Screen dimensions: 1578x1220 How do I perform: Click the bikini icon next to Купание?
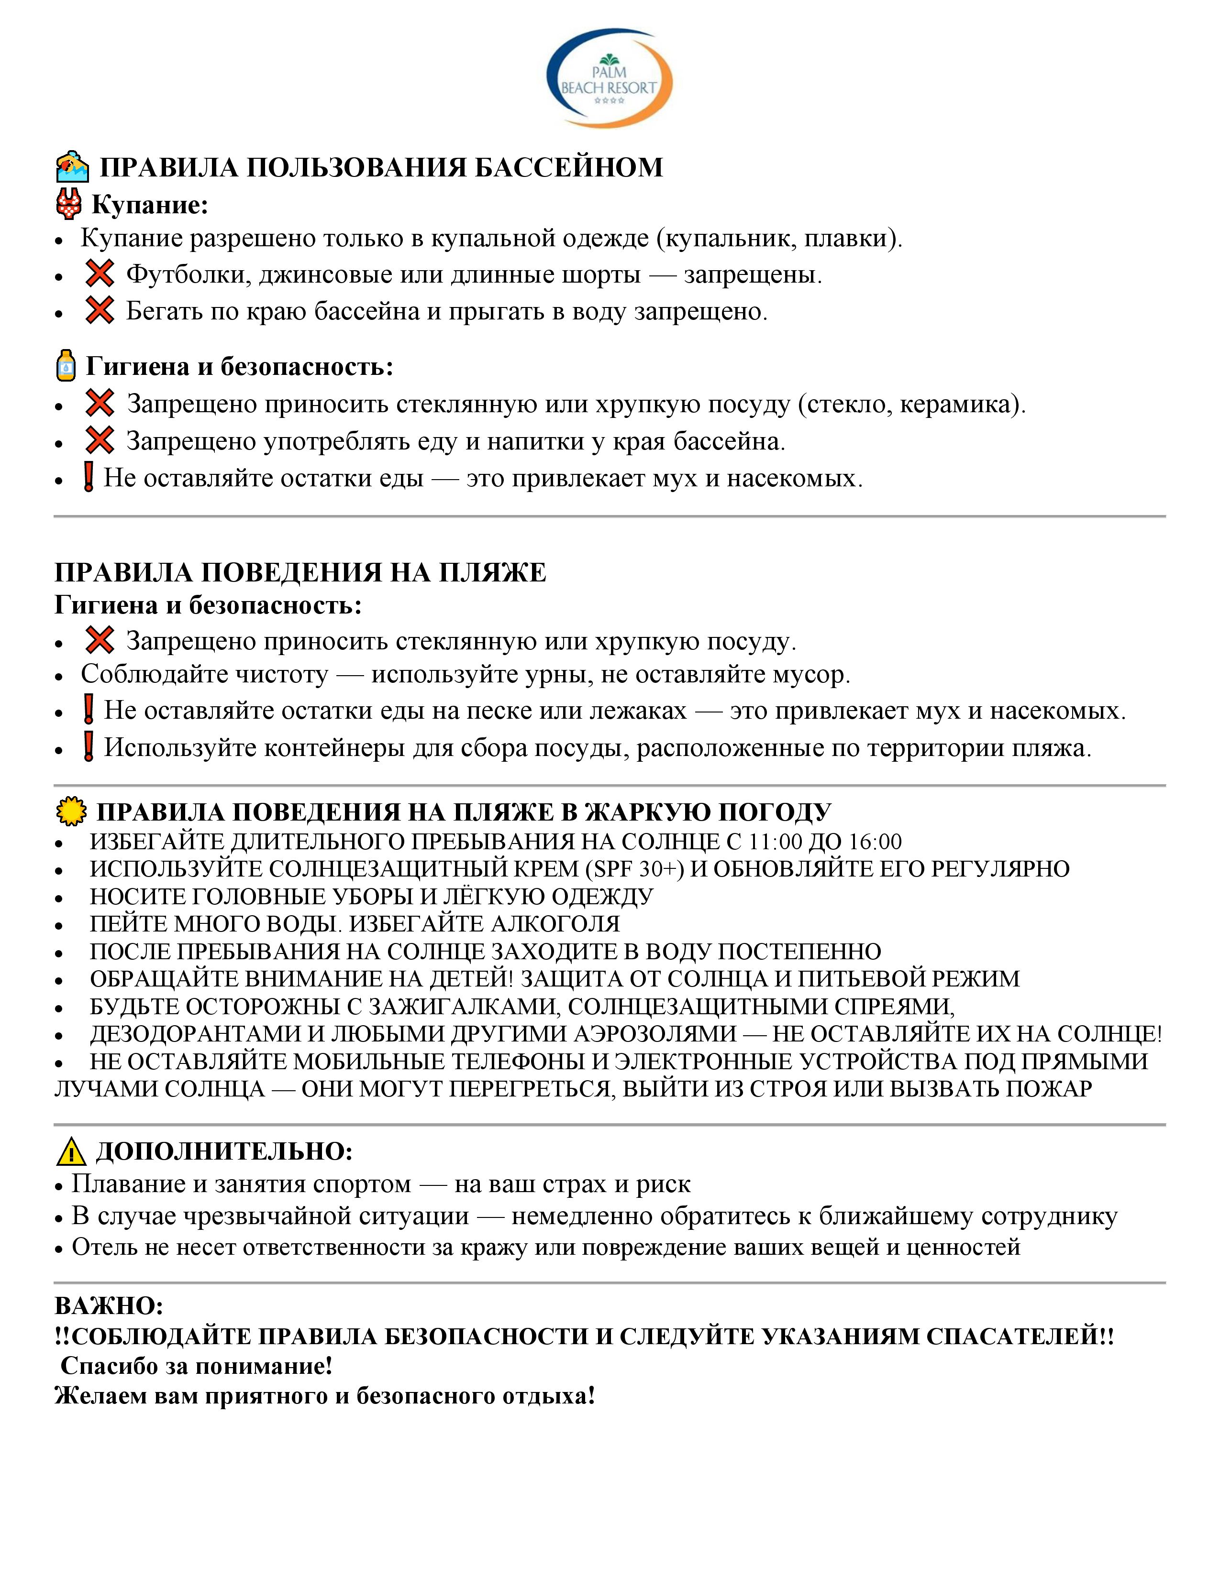[x=69, y=205]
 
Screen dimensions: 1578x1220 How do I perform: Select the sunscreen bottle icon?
[x=66, y=366]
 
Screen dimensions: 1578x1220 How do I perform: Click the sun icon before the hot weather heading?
[x=71, y=812]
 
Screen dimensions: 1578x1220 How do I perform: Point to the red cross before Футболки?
[x=99, y=274]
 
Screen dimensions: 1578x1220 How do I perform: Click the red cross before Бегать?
[x=99, y=311]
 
